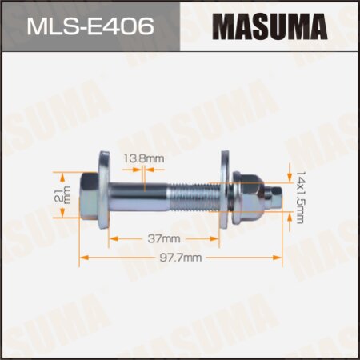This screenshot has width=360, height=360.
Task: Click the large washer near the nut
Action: [233, 194]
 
